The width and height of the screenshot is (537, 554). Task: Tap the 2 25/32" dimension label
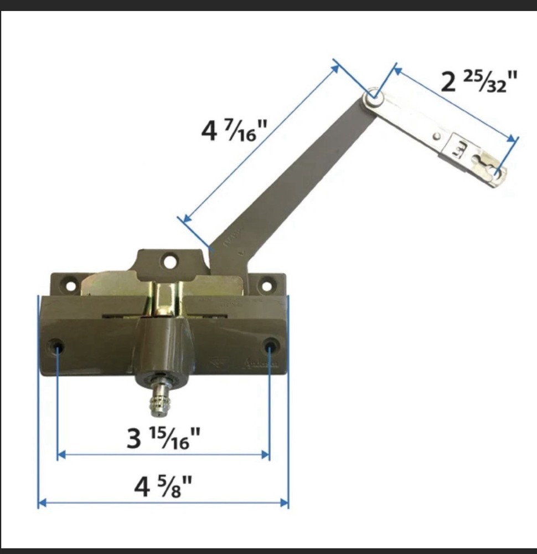click(x=479, y=83)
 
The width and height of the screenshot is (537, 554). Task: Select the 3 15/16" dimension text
click(x=163, y=439)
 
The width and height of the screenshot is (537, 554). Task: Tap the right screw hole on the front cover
click(x=270, y=347)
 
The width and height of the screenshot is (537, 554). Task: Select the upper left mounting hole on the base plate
click(x=70, y=286)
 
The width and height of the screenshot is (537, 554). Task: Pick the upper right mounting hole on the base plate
click(x=266, y=286)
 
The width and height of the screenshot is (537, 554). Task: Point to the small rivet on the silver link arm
click(x=437, y=136)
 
